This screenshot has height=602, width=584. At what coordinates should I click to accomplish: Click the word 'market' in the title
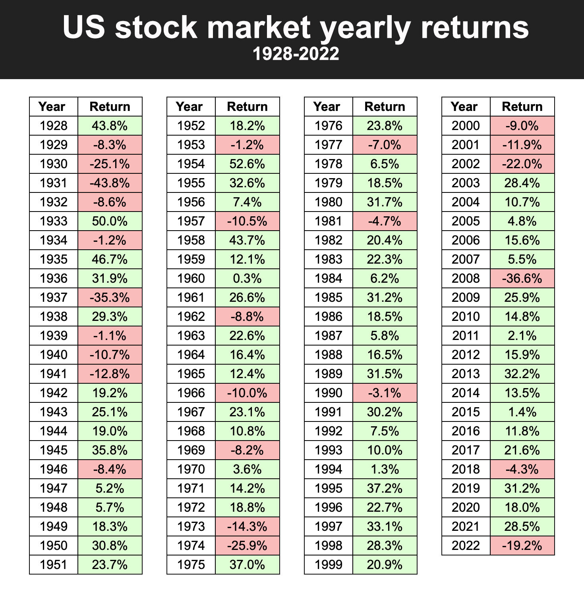pos(259,27)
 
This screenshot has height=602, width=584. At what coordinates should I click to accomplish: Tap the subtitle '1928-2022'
pos(296,54)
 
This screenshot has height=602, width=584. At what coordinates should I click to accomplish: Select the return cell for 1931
pos(110,183)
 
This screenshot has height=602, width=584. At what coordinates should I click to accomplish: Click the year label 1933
pos(54,221)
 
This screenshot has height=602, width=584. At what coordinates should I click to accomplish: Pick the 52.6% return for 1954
pos(247,164)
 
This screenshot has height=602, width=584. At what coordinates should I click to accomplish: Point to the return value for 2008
pos(522,278)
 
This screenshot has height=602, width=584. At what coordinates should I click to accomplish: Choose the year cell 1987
pos(328,336)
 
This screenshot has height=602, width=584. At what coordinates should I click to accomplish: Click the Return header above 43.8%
pos(110,107)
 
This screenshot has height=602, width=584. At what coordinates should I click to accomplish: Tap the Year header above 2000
pos(464,107)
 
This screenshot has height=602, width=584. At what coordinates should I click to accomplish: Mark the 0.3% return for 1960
pos(247,278)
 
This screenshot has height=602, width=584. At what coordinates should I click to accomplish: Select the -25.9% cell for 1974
pos(247,546)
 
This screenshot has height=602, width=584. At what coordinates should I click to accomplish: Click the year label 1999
pos(328,565)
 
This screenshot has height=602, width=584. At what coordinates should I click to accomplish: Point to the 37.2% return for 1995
pos(385,488)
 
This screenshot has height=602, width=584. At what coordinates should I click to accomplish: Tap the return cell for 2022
pos(522,546)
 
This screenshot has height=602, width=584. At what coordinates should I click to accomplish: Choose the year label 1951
pos(54,565)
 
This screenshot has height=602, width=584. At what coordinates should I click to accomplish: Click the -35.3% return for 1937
pos(110,297)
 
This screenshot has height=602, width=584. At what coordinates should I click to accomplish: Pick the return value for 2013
pos(522,374)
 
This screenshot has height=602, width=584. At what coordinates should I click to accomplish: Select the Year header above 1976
pos(327,107)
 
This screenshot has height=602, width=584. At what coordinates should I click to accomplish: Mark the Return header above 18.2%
pos(247,107)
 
